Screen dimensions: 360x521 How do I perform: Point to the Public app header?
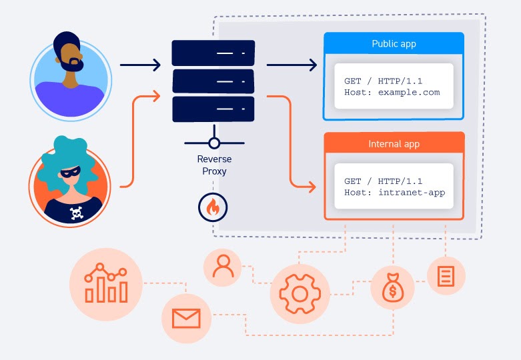(x=394, y=44)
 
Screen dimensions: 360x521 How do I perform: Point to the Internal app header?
(x=394, y=144)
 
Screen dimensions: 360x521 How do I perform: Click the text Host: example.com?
(x=392, y=92)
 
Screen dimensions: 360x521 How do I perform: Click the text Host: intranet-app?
(x=394, y=192)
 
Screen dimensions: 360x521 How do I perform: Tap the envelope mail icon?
(x=186, y=318)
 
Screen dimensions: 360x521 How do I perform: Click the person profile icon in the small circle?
(x=222, y=267)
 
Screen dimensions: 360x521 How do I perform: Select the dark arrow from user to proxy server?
(x=140, y=65)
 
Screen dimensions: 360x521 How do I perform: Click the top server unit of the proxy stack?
(x=213, y=53)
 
